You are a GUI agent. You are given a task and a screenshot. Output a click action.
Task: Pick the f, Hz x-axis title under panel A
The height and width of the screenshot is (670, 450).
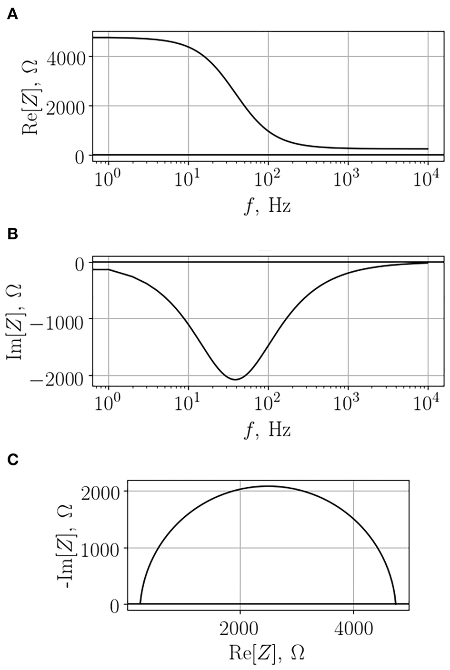point(268,207)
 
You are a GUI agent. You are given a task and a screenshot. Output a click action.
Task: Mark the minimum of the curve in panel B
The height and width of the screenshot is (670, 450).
point(235,379)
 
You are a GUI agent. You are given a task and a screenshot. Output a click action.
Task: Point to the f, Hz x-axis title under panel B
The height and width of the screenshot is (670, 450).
point(268,430)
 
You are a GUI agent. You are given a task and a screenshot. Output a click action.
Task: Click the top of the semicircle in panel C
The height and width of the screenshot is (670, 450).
point(268,486)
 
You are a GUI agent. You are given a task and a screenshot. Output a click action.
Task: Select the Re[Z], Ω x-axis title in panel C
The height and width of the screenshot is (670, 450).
point(267,653)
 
